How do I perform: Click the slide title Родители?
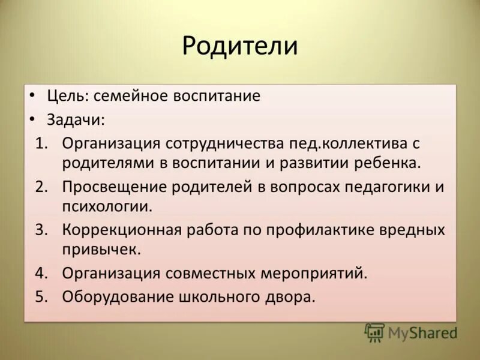pos(240,46)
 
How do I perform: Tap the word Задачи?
pos(75,119)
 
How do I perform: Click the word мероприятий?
pos(313,274)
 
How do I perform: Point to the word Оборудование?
pos(115,297)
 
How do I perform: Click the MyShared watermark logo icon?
pos(374,332)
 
